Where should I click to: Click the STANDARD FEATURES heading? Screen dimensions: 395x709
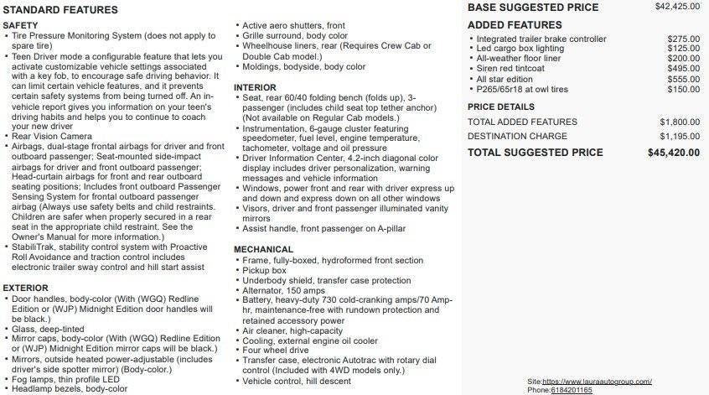(x=60, y=10)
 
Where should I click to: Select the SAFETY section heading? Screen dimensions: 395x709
(x=20, y=26)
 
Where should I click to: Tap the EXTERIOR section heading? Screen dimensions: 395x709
(x=26, y=288)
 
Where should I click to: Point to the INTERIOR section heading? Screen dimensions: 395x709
(x=255, y=87)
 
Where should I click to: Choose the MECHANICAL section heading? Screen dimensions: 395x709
(x=263, y=249)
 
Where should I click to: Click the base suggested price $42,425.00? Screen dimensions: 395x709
(x=677, y=7)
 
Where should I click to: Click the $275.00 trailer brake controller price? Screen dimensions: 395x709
(x=683, y=39)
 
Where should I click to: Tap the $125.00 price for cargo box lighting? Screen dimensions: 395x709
(x=683, y=49)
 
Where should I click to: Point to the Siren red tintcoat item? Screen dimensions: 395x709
(x=510, y=70)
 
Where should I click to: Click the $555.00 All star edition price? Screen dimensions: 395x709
(x=683, y=80)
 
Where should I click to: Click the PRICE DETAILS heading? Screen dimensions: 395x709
(x=500, y=107)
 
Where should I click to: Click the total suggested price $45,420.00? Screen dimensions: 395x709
(x=674, y=153)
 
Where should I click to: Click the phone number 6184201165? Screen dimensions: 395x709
(x=572, y=390)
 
